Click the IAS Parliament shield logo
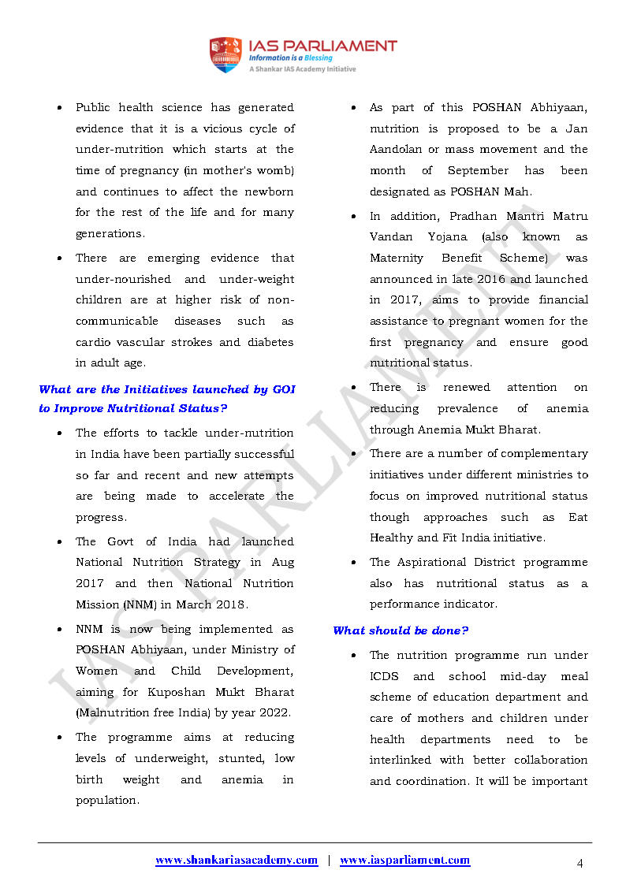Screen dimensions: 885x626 pos(225,54)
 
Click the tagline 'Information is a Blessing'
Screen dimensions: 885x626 pos(290,58)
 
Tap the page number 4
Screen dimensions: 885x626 pos(579,864)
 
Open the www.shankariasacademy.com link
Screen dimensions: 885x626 pos(237,861)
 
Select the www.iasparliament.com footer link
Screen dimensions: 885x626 pos(404,861)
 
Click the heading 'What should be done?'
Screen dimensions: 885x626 pos(401,630)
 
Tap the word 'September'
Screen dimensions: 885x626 pos(478,170)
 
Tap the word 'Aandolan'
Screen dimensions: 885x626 pos(396,150)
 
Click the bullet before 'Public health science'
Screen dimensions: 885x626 pos(60,108)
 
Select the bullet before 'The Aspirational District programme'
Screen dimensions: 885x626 pos(354,563)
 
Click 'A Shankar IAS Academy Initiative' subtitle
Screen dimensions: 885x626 pos(303,69)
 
